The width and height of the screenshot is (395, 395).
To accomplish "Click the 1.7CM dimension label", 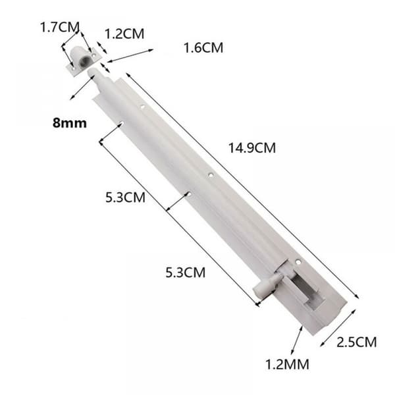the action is pos(60,27).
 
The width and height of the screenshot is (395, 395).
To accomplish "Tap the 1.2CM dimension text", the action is pos(124,34).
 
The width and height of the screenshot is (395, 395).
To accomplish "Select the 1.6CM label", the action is pos(203,48).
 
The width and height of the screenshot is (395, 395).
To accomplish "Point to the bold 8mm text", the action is pos(70,123).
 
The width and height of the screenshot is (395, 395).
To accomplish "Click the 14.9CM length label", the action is pos(252,148).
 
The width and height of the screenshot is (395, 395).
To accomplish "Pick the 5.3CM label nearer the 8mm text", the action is pos(125,197).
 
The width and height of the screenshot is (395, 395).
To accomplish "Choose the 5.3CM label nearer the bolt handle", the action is pos(186,273).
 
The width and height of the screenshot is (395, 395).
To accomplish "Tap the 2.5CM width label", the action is pos(356,342).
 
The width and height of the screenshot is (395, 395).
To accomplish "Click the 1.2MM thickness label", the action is pos(288,365).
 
